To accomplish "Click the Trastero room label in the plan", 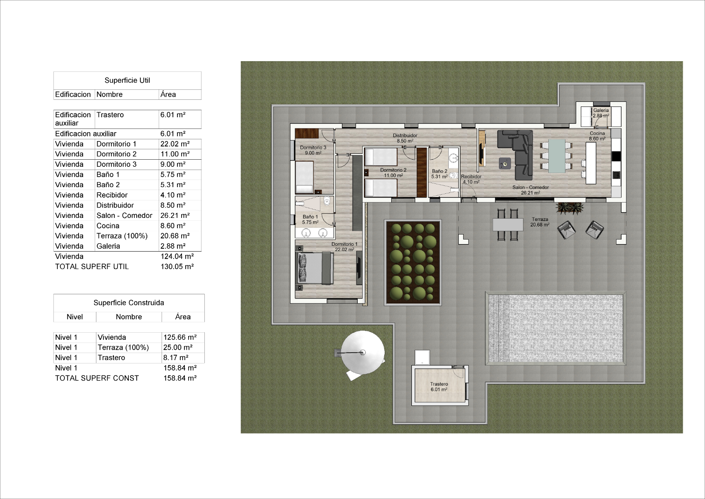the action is pos(439,384).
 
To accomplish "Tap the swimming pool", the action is pos(556,329).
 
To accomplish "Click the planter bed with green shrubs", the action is pos(413,263).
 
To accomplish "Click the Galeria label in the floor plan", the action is pos(601,110).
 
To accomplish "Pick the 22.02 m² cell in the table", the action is pos(175,144).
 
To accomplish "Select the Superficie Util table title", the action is pos(127,80).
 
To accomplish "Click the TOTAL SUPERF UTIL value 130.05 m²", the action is pos(177,267).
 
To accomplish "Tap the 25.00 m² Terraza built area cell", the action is pos(178,348).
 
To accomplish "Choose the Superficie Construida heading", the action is pos(129,303).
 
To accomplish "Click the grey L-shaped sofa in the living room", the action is pos(515,154).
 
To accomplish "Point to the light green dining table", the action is pos(556,156).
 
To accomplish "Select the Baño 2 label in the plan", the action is pos(440,171).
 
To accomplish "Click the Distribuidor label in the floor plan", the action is pos(405,136).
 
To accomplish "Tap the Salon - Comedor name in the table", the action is pos(124,215).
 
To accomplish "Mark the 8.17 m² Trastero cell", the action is pos(176,358).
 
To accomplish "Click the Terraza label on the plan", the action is pos(540,219).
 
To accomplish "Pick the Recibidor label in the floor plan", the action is pos(471,176).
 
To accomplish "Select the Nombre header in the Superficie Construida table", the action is pos(129,316).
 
